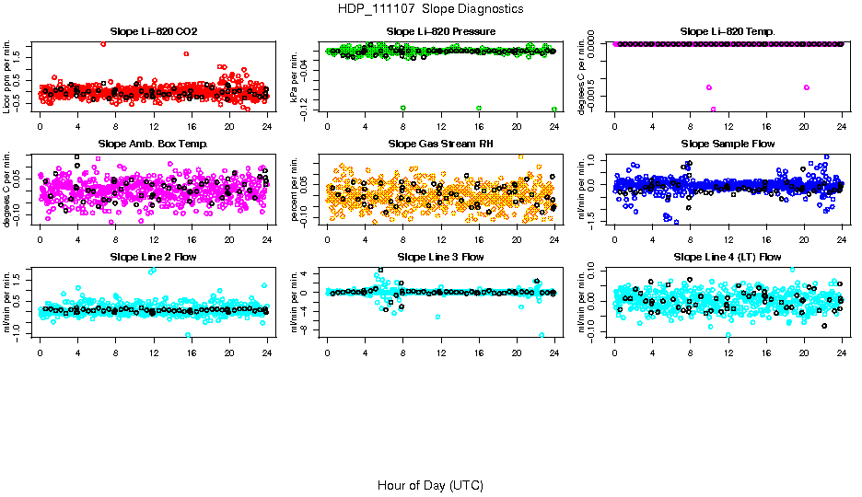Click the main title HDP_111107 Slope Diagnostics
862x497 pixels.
coord(430,8)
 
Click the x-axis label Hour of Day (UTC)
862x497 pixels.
coord(430,485)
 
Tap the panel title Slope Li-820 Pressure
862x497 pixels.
coord(441,32)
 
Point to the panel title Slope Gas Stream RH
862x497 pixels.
coord(441,144)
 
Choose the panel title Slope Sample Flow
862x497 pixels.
coord(728,144)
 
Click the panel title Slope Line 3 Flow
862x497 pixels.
coord(441,257)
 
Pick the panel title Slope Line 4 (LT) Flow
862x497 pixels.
coord(728,257)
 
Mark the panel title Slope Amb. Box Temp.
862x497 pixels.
coord(153,144)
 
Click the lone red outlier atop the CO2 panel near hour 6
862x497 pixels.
coord(103,43)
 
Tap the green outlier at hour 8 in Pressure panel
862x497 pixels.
coord(403,109)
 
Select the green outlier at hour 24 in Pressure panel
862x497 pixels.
coord(554,109)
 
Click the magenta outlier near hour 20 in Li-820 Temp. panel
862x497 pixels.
coord(807,87)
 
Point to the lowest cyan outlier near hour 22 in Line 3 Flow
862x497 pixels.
coord(542,335)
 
